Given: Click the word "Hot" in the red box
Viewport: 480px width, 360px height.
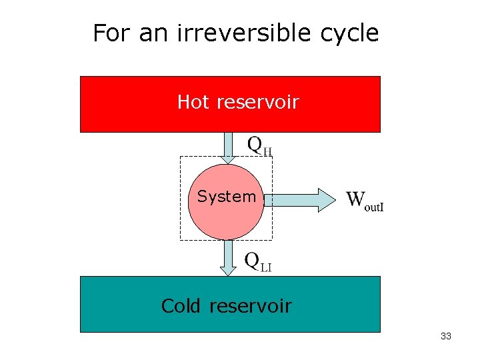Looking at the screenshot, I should point(193,102).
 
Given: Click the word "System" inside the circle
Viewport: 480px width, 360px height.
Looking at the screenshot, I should point(226,197).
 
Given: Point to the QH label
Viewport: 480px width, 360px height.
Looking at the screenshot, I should point(260,145).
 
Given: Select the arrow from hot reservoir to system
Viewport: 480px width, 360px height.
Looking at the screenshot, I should point(229,147).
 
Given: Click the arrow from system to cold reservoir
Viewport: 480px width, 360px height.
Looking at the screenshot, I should point(229,257).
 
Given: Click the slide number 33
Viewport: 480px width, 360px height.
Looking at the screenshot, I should point(446,337).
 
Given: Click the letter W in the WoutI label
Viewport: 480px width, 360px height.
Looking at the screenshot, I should point(356,198).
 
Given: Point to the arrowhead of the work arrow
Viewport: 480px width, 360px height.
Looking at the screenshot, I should point(327,199).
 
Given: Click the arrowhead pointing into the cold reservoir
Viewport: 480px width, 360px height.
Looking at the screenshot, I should point(229,269).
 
